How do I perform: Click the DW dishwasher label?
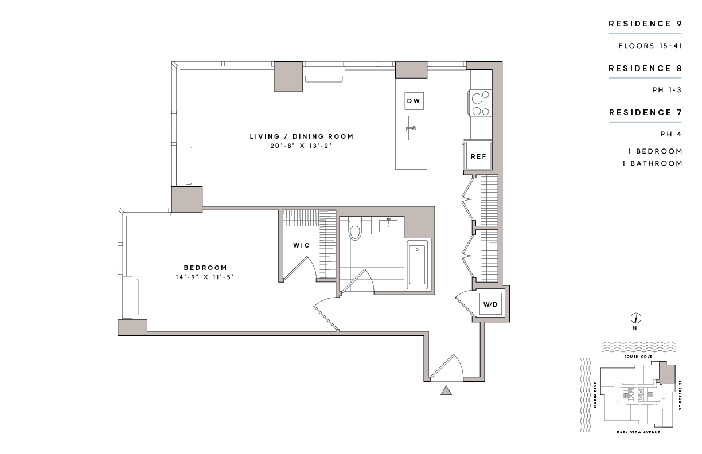[414, 101]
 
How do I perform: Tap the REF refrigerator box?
[478, 156]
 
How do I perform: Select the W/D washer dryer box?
[490, 304]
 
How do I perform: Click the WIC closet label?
[301, 245]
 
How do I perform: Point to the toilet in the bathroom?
[354, 230]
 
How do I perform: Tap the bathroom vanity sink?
[388, 224]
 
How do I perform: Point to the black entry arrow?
[446, 390]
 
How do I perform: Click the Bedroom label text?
[205, 268]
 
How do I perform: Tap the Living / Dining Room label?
[301, 136]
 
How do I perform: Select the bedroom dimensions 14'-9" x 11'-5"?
[205, 277]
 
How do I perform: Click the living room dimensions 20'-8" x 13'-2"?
[301, 146]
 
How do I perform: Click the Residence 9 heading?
[645, 24]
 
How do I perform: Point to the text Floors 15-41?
[650, 46]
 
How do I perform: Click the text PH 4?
[671, 134]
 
